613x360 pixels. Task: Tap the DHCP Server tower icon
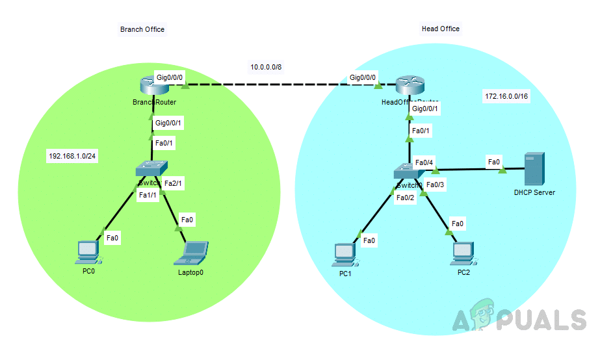pos(534,170)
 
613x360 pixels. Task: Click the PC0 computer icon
pos(87,252)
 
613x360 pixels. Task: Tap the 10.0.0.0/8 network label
pos(266,67)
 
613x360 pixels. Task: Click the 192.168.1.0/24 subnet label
pos(72,156)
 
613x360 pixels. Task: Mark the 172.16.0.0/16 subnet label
pos(507,96)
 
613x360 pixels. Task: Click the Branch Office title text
pos(142,29)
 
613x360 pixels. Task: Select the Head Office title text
pos(441,29)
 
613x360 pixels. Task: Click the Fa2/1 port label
pos(172,184)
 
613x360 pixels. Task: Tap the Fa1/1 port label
pos(148,196)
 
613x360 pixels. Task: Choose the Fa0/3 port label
pos(435,185)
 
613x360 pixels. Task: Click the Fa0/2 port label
pos(405,198)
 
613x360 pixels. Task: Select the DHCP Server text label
pos(534,192)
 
